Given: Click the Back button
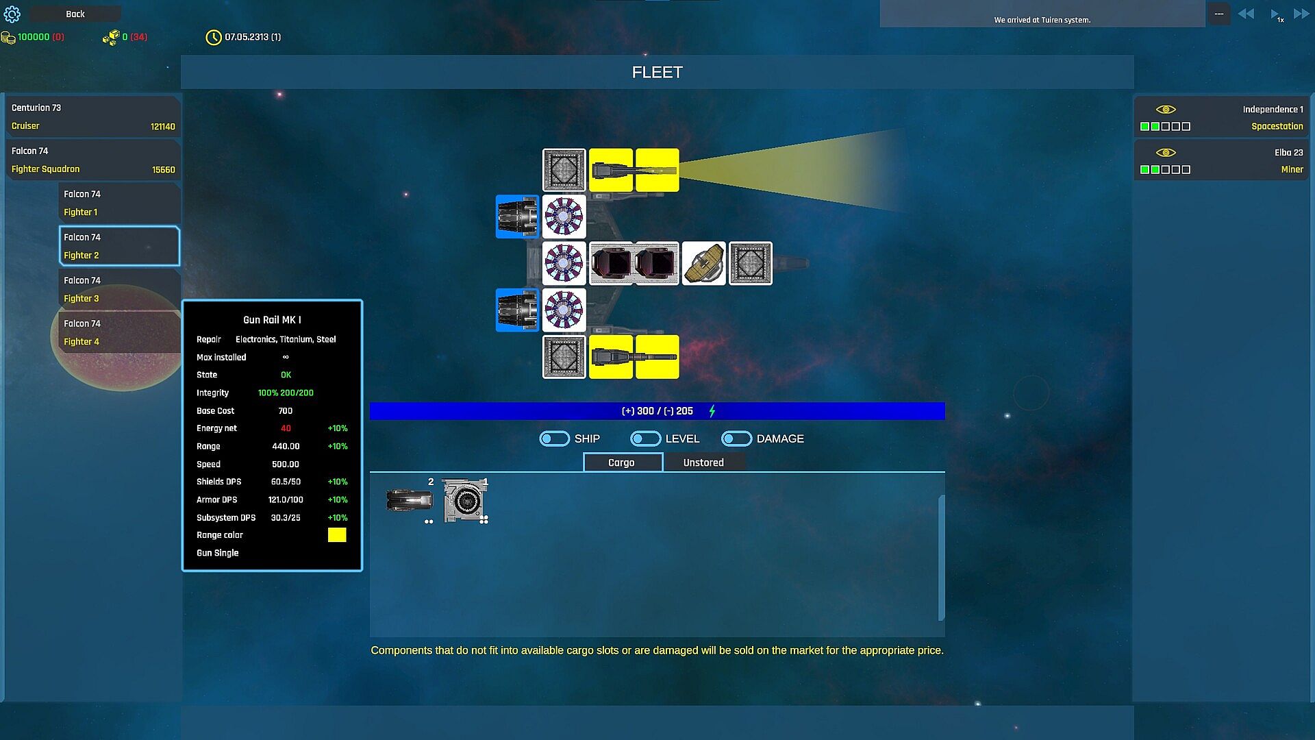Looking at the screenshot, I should click(x=75, y=14).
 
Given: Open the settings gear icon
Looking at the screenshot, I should click(x=12, y=14).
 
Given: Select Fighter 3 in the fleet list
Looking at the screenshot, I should click(x=119, y=289).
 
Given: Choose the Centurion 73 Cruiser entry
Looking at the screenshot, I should click(x=93, y=116).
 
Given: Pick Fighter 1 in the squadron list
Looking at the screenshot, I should click(x=119, y=203).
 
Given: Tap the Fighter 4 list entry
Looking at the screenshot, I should click(x=119, y=332).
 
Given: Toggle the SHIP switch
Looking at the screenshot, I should click(x=554, y=439).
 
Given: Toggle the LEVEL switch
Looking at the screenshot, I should click(x=645, y=439).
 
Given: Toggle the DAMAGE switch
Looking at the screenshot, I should click(x=736, y=439).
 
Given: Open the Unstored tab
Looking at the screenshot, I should click(x=703, y=463).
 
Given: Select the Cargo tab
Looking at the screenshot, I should click(x=622, y=463).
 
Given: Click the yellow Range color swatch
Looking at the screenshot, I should click(x=337, y=535).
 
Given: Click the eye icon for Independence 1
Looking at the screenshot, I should click(x=1166, y=110).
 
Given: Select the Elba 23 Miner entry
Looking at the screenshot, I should click(x=1220, y=160).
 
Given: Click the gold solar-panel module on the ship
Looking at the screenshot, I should click(x=704, y=263).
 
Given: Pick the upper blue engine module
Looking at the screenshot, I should click(x=517, y=217).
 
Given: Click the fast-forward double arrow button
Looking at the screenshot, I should click(x=1301, y=14).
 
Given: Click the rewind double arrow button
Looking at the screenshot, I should click(x=1246, y=14).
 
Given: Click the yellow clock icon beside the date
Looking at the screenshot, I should click(x=213, y=37).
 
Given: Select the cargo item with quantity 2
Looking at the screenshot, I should click(x=410, y=500).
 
